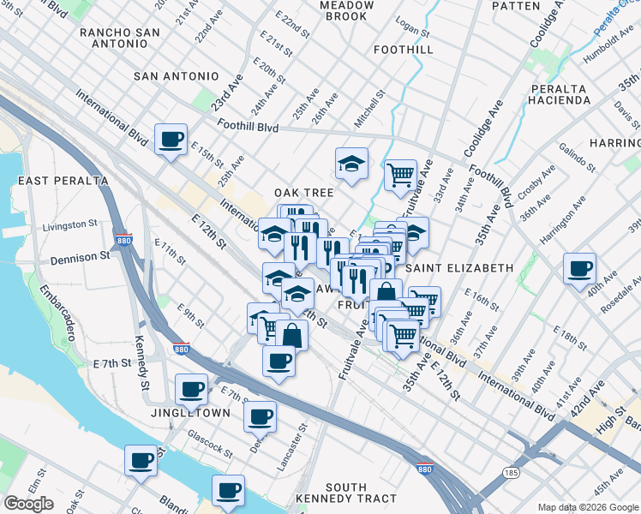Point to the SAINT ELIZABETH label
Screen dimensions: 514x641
(459, 268)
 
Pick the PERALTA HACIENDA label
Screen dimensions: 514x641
(560, 94)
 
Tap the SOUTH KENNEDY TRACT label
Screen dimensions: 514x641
(346, 493)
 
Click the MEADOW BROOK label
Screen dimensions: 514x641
(346, 10)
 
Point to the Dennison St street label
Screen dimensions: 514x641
(81, 255)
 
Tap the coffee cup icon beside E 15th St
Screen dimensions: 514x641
(171, 139)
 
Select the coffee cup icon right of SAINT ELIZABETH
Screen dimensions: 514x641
(580, 268)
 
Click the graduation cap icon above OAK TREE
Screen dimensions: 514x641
(350, 164)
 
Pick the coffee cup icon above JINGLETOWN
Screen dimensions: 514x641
(192, 390)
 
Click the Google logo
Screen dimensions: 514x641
(28, 504)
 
